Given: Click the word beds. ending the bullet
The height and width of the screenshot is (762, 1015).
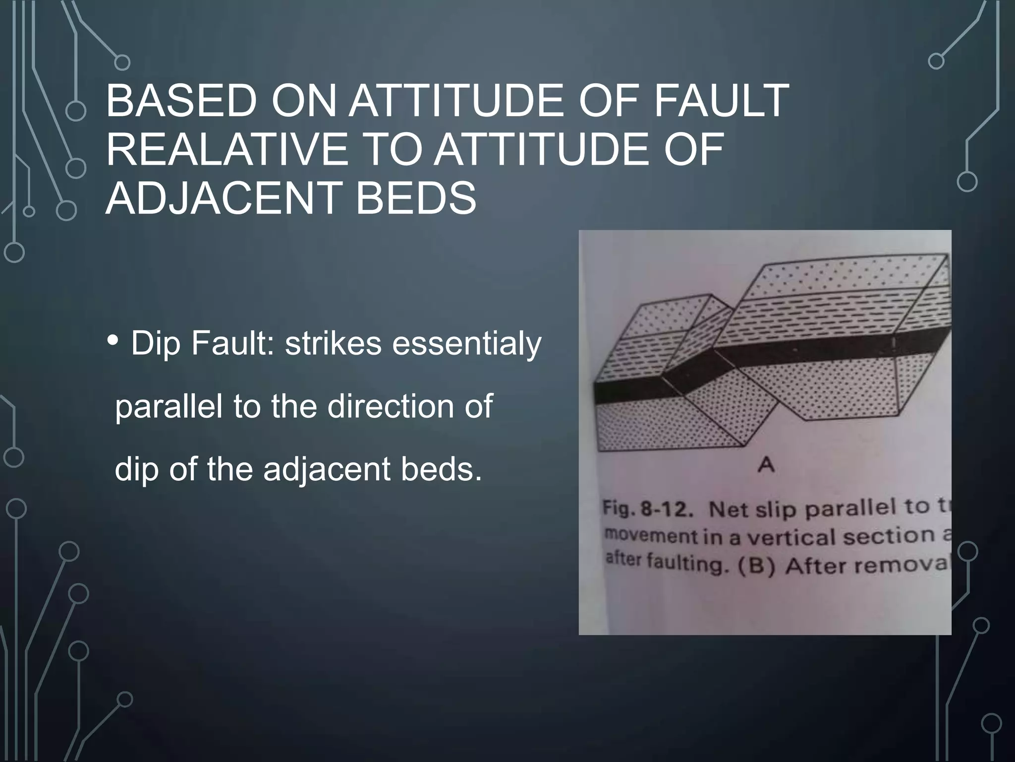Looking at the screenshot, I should coord(441,468).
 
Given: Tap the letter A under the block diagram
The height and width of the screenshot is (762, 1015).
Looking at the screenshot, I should coord(766,465).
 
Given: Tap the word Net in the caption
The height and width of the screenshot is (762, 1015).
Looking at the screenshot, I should coord(728,510).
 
